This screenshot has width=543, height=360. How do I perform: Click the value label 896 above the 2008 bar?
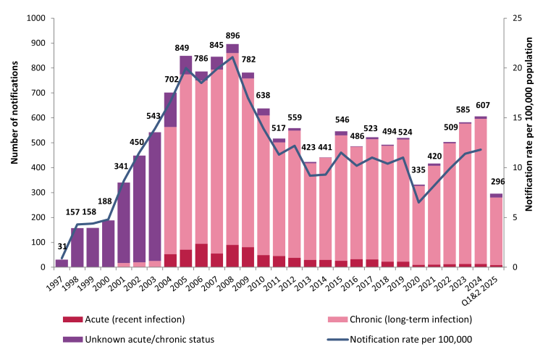click(x=232, y=36)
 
